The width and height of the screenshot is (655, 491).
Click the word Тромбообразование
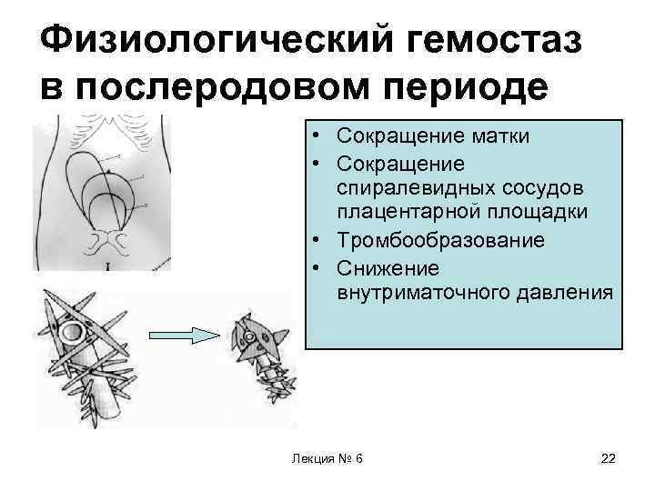coord(440,241)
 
